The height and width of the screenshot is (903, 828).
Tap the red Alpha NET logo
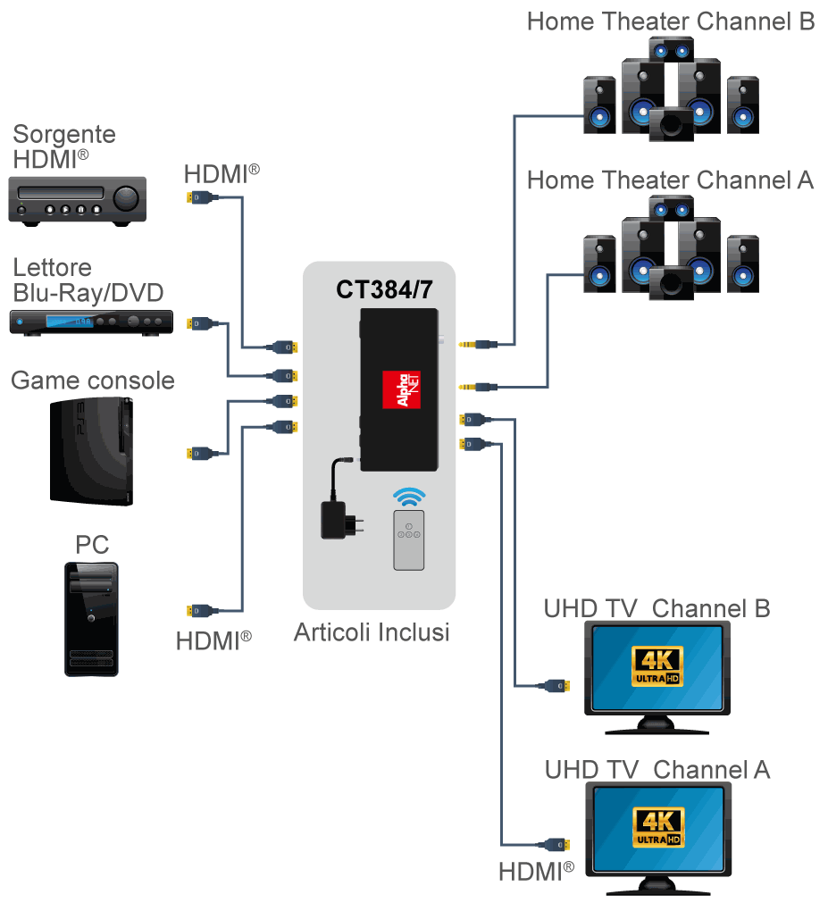tap(401, 389)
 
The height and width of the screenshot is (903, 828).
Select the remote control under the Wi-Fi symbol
tap(409, 541)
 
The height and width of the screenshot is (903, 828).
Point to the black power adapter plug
tap(338, 520)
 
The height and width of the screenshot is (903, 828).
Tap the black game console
tap(92, 451)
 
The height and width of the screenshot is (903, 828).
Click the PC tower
tap(91, 618)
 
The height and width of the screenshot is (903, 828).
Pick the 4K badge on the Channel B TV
tap(657, 666)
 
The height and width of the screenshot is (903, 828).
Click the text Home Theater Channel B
tap(671, 21)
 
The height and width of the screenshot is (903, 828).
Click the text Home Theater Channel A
tap(670, 180)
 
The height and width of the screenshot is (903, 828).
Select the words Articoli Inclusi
tap(372, 632)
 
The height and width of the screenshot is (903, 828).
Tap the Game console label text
tap(93, 380)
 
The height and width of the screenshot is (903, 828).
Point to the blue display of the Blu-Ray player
tap(71, 322)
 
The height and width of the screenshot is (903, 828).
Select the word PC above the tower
tap(92, 545)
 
